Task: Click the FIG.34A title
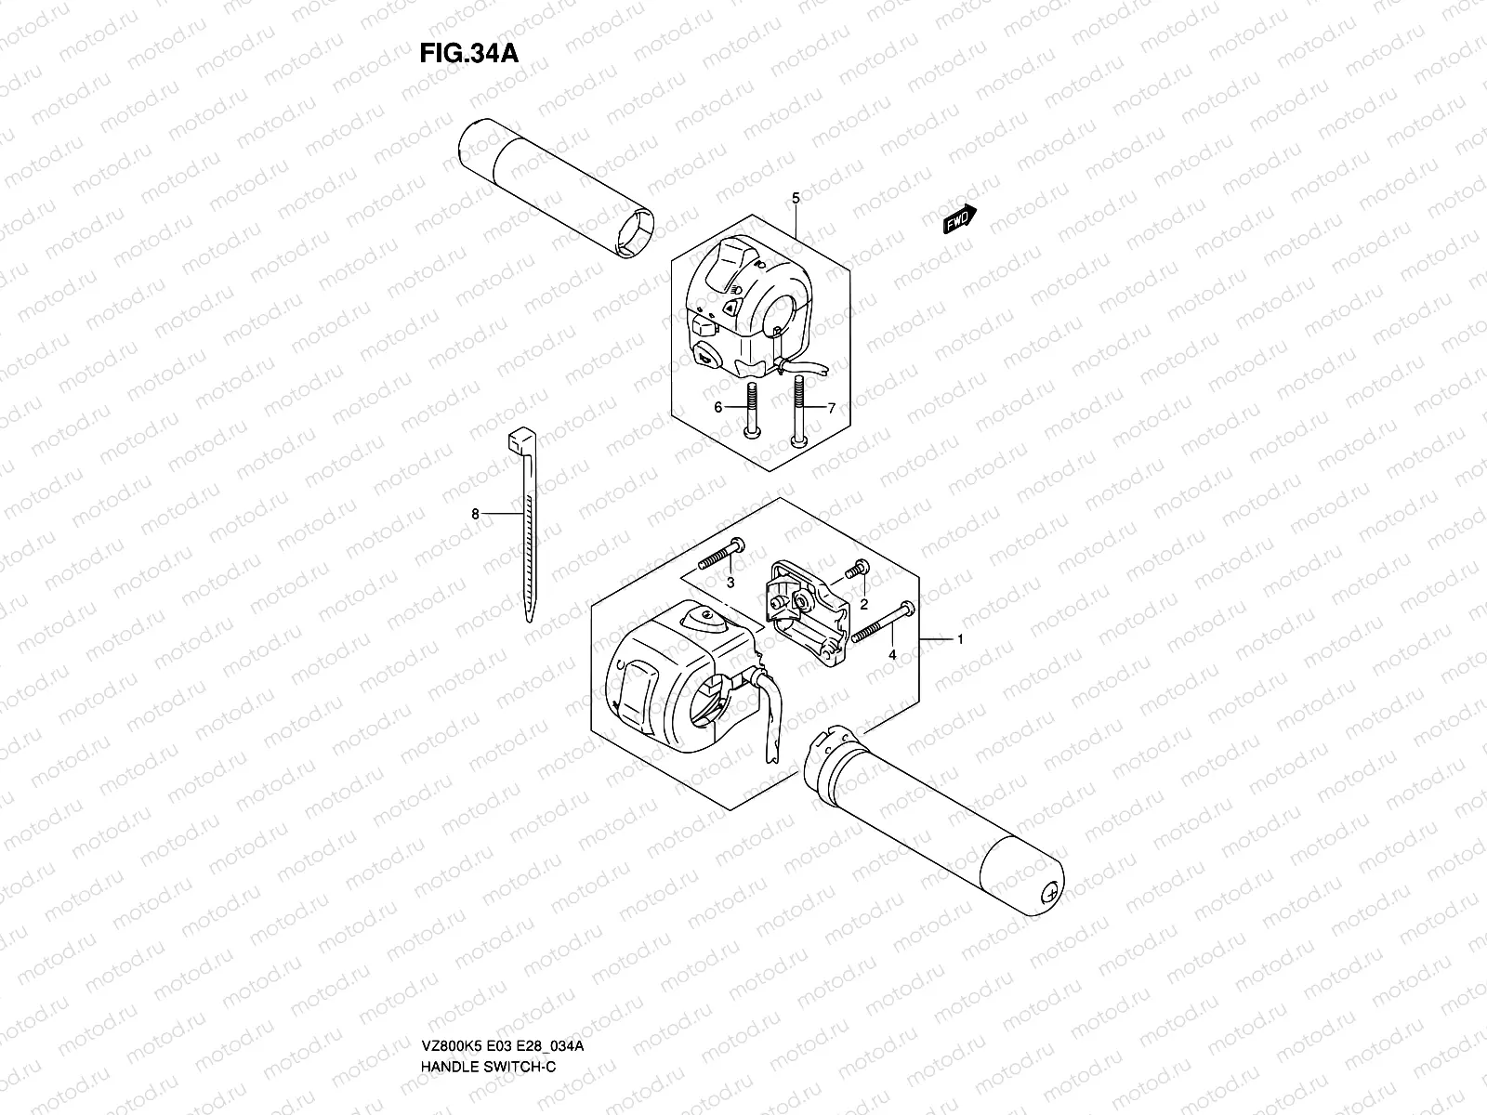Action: pyautogui.click(x=467, y=52)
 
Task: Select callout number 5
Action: pyautogui.click(x=796, y=198)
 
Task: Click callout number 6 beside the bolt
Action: pyautogui.click(x=717, y=408)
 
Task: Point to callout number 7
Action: pyautogui.click(x=832, y=408)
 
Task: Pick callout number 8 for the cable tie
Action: pyautogui.click(x=475, y=513)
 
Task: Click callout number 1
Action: pyautogui.click(x=960, y=639)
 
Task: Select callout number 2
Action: pyautogui.click(x=863, y=604)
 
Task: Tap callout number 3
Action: pyautogui.click(x=730, y=583)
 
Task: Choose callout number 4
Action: pyautogui.click(x=892, y=655)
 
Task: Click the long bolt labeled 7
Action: pyautogui.click(x=796, y=409)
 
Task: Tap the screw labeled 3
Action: pyautogui.click(x=719, y=557)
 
